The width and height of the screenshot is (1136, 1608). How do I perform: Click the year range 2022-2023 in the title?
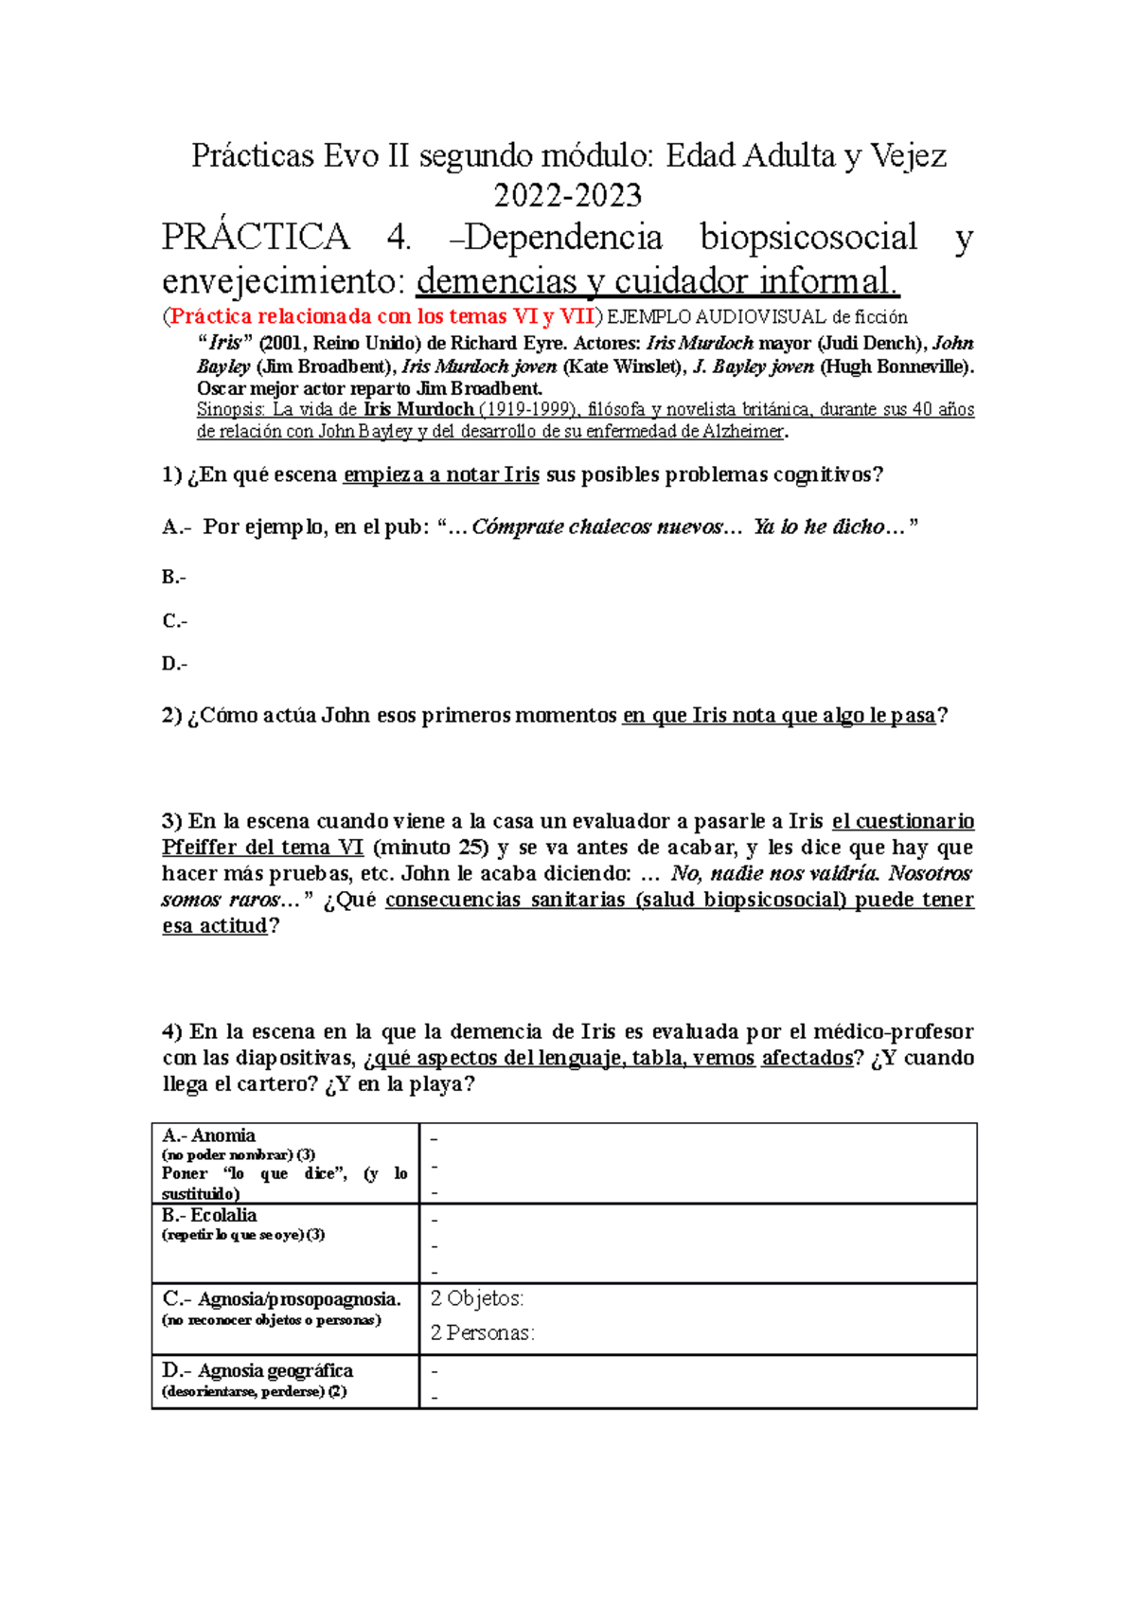pos(568,195)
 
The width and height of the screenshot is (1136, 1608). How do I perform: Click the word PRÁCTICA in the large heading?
pos(256,237)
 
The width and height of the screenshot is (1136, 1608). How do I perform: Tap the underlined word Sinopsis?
pos(231,409)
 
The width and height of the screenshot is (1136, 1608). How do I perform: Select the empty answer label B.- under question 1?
pos(174,577)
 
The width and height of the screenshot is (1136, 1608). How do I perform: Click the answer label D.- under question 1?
pos(174,664)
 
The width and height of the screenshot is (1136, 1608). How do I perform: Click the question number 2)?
pos(171,715)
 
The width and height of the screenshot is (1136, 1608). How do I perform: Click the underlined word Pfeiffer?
pos(204,848)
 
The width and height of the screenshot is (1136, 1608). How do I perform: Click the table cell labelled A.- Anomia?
pos(208,1135)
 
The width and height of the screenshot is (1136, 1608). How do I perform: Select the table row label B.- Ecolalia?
pos(209,1215)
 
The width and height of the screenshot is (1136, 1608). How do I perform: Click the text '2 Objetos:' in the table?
pos(477,1298)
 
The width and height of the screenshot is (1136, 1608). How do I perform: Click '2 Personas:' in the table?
pos(482,1332)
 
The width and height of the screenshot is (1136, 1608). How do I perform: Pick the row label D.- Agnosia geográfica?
pos(257,1370)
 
